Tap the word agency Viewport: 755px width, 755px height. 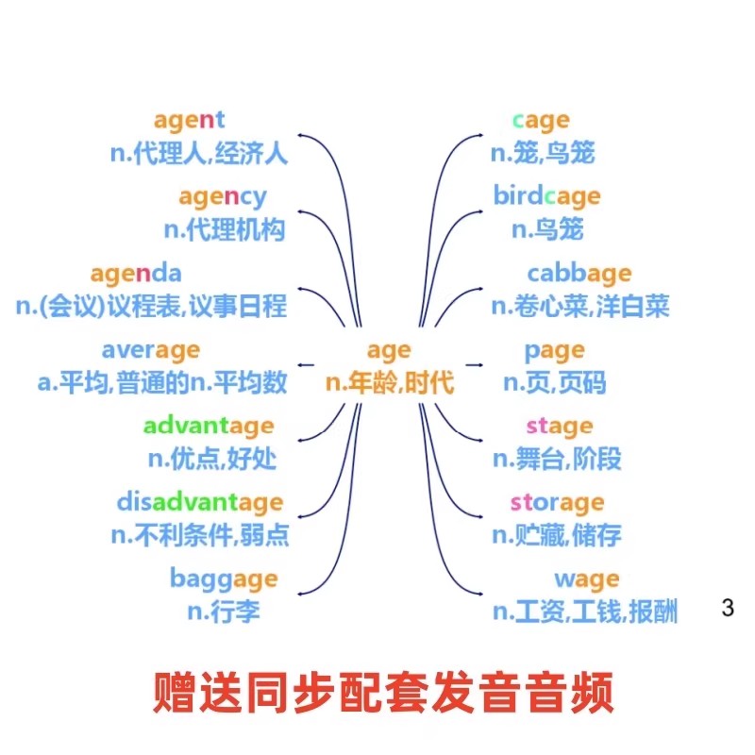tap(222, 197)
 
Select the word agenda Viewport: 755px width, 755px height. tap(136, 274)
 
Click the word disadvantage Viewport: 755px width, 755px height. tap(199, 501)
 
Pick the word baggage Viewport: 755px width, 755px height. tap(224, 578)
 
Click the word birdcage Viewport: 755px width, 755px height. tap(546, 196)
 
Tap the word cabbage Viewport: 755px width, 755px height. tap(579, 274)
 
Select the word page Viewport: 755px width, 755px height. tap(554, 351)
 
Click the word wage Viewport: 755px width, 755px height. tap(586, 579)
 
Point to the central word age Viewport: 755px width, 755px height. tap(389, 351)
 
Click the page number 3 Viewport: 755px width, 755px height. tap(727, 608)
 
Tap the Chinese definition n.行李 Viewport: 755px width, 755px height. tap(223, 611)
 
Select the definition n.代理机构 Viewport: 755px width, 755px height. tap(224, 229)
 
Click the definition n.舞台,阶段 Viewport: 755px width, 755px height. tap(557, 460)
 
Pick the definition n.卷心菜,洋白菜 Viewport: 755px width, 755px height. tap(579, 306)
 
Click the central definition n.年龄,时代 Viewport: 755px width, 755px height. tap(390, 383)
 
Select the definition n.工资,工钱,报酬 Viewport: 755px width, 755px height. tap(585, 612)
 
